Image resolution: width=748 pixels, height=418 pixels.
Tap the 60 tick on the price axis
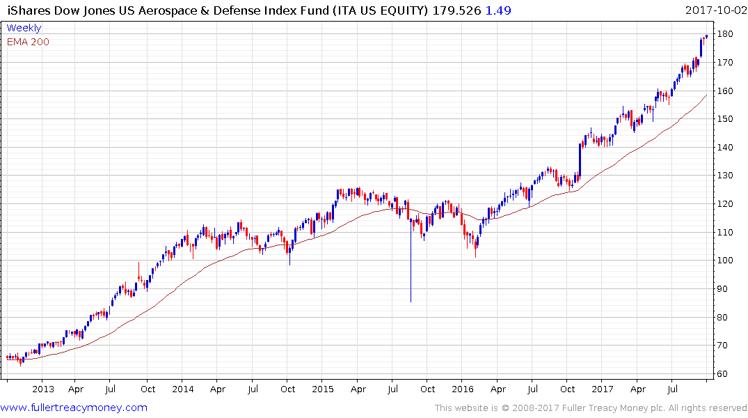click(x=725, y=374)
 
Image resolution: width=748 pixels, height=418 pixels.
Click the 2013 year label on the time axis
click(x=43, y=389)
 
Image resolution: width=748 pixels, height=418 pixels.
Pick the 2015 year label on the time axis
click(x=323, y=389)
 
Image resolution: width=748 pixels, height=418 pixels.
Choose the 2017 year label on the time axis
click(x=603, y=389)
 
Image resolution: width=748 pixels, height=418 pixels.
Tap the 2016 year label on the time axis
click(x=463, y=389)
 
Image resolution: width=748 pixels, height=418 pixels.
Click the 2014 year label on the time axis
click(x=183, y=389)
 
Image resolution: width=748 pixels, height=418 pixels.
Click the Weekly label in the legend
click(x=24, y=28)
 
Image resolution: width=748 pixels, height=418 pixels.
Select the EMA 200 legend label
click(x=28, y=42)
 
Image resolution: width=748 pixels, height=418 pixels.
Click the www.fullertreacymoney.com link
click(x=74, y=408)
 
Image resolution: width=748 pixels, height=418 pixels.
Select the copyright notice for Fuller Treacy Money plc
click(x=591, y=408)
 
